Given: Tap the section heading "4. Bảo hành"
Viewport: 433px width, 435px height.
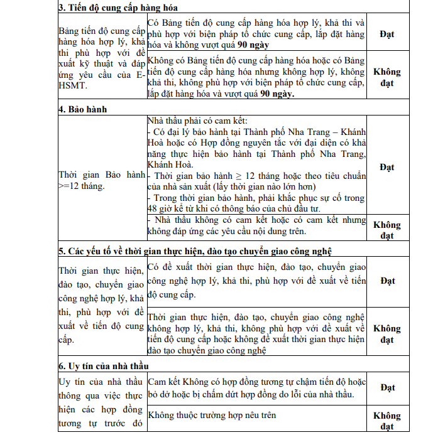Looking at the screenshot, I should pos(83,109).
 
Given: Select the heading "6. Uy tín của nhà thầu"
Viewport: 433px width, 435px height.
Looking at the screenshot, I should pos(104,365).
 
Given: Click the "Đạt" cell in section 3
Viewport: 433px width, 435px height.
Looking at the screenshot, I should pos(387,34).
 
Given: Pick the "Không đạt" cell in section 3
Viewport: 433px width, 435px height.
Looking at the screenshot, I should pos(387,77).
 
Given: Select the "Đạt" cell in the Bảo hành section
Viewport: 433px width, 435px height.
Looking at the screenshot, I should pos(387,167).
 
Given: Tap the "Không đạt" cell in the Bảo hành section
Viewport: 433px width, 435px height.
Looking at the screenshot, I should pos(387,230).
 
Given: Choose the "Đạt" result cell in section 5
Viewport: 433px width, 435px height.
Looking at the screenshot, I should pos(387,280).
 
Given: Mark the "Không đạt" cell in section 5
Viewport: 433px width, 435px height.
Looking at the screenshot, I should pos(387,334).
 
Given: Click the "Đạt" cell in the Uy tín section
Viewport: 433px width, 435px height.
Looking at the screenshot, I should pos(387,387).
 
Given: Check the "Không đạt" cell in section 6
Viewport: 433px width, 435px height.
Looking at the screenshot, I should pos(387,421).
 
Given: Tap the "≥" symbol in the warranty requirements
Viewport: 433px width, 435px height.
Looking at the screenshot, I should pos(243,176).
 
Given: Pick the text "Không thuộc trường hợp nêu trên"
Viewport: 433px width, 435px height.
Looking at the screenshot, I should pos(212,415).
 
